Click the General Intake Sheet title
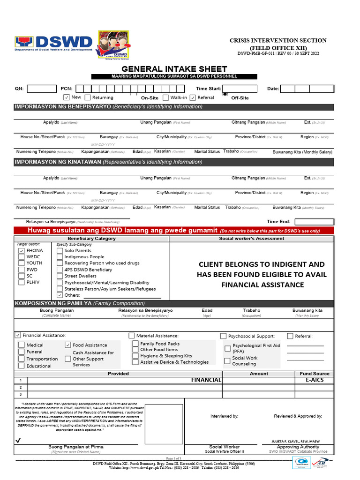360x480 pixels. click(x=174, y=69)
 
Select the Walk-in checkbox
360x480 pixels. click(x=166, y=97)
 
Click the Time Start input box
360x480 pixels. click(x=240, y=89)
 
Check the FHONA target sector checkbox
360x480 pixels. click(x=22, y=251)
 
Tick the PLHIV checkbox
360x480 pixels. click(x=22, y=283)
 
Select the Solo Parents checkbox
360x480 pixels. click(x=60, y=251)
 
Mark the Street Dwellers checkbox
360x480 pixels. click(x=60, y=277)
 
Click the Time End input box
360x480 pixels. click(x=314, y=222)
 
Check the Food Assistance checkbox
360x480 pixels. click(x=68, y=345)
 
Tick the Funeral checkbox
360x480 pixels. click(x=22, y=352)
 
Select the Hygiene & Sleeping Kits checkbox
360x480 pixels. click(x=135, y=356)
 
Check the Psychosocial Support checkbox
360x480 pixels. click(x=224, y=336)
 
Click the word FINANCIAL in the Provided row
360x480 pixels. click(x=206, y=380)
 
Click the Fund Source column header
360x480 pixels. click(x=315, y=374)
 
